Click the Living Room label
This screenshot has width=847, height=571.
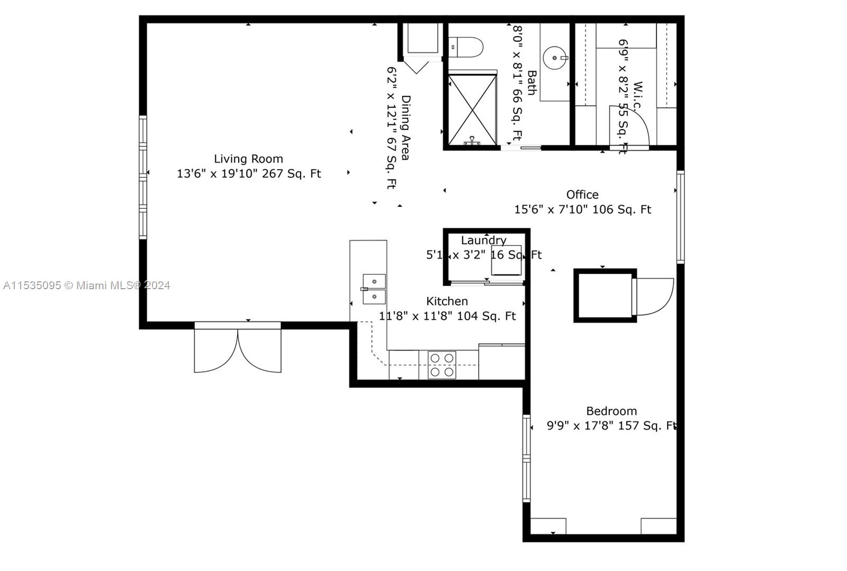[248, 159]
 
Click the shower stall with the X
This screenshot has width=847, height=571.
[472, 110]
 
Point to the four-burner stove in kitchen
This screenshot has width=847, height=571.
[441, 365]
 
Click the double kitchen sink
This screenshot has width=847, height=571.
[374, 289]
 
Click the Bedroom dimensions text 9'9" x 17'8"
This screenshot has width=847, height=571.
[580, 426]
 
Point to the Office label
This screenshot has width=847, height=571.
[582, 195]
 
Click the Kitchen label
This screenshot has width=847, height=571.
[447, 301]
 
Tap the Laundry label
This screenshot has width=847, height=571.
[483, 241]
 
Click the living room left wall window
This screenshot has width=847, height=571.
[143, 177]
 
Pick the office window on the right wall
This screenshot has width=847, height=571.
[680, 217]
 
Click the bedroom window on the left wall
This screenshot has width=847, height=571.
[526, 458]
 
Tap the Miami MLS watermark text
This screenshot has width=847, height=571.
[87, 285]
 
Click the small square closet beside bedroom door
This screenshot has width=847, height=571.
[605, 296]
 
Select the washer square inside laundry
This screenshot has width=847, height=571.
[506, 260]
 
